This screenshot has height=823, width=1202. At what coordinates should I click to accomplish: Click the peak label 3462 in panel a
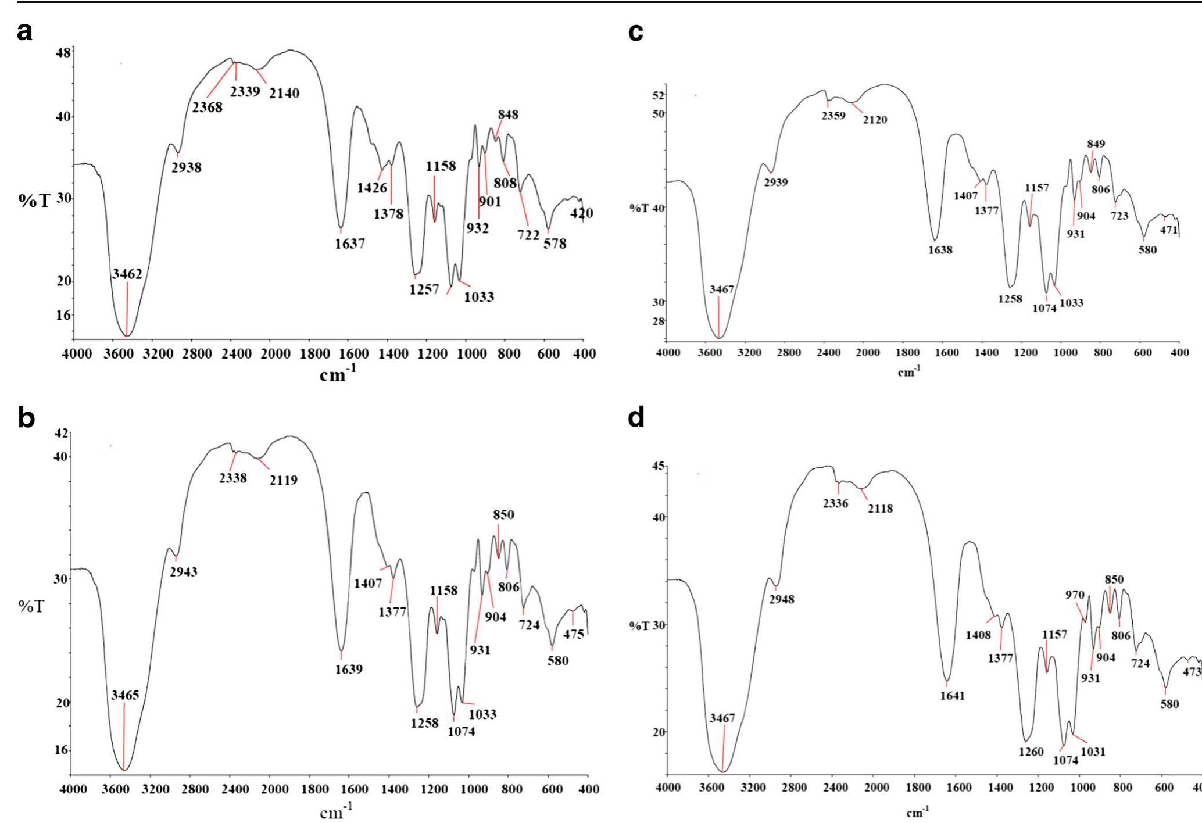click(x=127, y=274)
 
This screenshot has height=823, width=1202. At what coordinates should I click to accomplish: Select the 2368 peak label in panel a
click(x=207, y=108)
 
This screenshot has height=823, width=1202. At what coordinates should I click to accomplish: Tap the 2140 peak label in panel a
click(x=284, y=93)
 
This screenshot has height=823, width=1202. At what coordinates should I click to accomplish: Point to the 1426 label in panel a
click(x=371, y=188)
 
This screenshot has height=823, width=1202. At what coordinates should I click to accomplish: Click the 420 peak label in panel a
click(x=581, y=213)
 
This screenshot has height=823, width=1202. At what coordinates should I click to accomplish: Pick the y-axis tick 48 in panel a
click(x=63, y=53)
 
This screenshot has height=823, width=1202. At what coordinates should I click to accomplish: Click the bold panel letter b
click(x=26, y=417)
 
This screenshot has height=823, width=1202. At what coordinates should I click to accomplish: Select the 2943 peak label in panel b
click(x=183, y=572)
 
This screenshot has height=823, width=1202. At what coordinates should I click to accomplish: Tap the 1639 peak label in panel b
click(x=348, y=670)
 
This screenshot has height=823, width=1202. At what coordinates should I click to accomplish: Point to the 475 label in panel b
click(x=573, y=634)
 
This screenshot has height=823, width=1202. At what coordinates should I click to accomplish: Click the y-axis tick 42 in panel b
click(x=61, y=433)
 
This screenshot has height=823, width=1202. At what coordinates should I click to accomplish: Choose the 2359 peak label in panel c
click(x=833, y=116)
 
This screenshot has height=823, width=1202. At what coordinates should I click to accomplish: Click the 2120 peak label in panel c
click(x=875, y=120)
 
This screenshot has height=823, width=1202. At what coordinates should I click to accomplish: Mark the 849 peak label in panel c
click(x=1096, y=144)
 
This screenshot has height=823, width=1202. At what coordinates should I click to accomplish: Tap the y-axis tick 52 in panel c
click(x=658, y=95)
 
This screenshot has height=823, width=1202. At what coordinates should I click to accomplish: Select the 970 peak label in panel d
click(x=1075, y=595)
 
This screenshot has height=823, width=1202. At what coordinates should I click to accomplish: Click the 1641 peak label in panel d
click(x=952, y=696)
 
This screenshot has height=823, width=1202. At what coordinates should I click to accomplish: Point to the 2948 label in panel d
click(x=781, y=599)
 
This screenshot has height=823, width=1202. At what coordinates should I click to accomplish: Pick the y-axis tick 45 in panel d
click(x=659, y=466)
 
